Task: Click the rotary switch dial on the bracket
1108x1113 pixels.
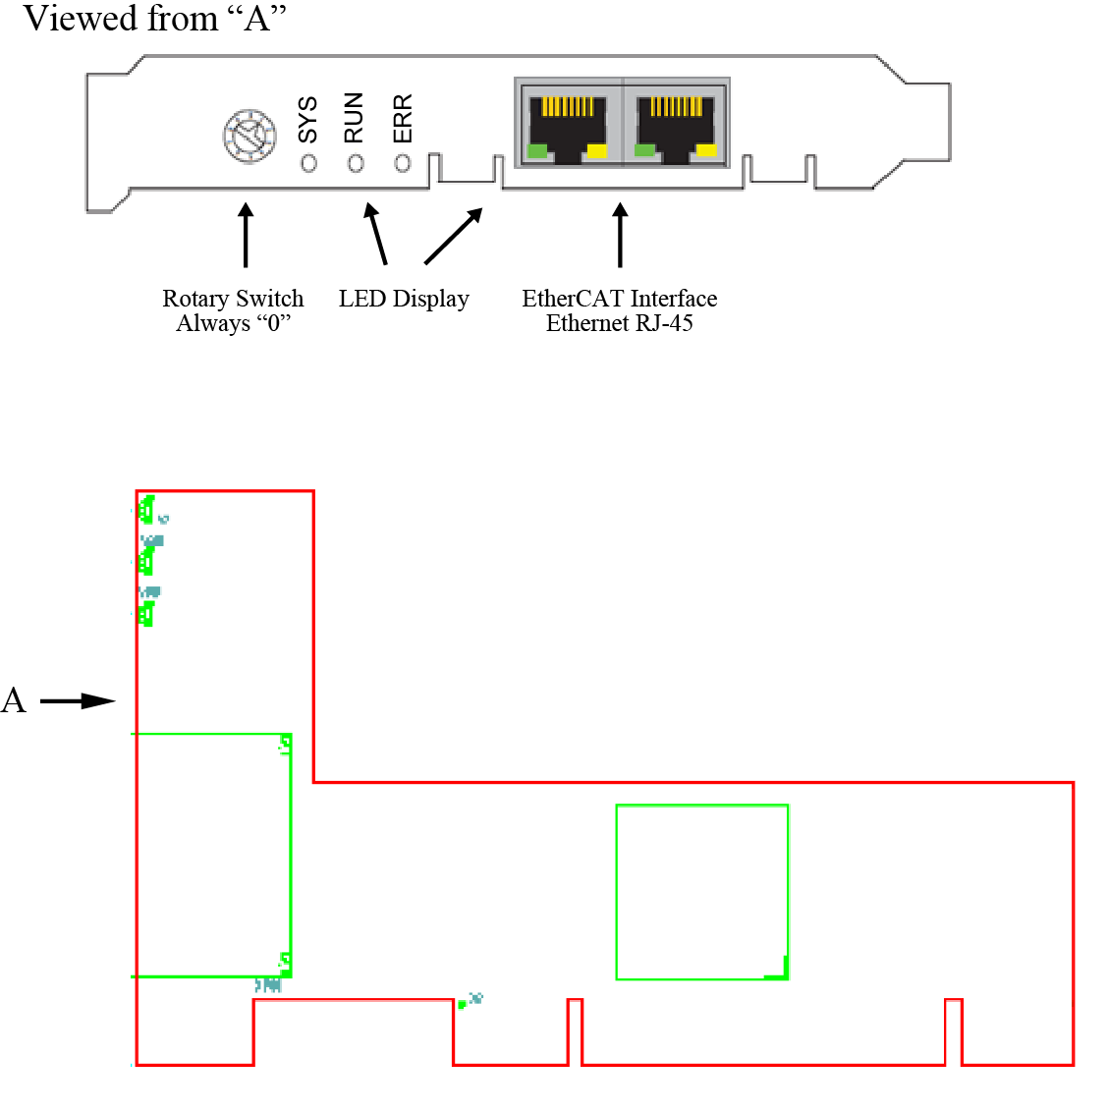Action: coord(249,136)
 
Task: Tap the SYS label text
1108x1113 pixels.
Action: coord(307,119)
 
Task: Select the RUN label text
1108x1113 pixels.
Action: coord(354,118)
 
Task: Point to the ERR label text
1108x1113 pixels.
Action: coord(403,118)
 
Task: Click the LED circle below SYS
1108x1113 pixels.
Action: coord(308,163)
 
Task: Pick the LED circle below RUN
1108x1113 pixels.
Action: coord(356,163)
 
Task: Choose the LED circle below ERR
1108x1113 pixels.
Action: coord(403,163)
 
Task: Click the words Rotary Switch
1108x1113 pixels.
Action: coord(233,299)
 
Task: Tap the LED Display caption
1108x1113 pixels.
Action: coord(404,299)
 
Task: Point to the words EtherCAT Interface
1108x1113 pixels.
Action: coord(619,299)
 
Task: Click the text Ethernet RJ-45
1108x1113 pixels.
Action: coord(619,323)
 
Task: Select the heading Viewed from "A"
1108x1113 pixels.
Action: coord(154,19)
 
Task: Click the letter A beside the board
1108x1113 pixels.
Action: coord(14,700)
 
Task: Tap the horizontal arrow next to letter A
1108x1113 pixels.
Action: coord(78,700)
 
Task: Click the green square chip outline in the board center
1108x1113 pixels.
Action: coord(701,891)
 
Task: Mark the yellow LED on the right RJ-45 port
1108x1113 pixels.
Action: coord(706,150)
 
